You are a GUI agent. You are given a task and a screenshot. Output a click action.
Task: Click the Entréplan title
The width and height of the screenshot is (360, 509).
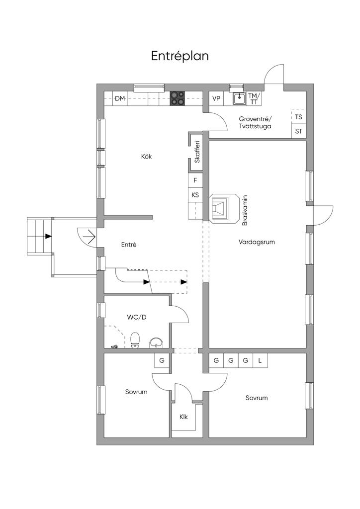[180, 56]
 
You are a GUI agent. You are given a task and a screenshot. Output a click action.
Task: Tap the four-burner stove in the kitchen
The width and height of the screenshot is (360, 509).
[178, 98]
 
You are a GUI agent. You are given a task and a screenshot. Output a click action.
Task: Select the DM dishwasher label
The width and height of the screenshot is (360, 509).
[120, 98]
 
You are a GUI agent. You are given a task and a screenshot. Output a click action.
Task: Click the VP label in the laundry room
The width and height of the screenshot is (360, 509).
[216, 98]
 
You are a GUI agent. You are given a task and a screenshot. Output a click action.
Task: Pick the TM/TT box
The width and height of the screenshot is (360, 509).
[254, 98]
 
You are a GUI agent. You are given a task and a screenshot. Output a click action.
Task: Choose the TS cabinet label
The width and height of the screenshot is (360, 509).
[299, 117]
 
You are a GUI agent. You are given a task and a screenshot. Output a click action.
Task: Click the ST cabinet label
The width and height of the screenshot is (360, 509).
[299, 131]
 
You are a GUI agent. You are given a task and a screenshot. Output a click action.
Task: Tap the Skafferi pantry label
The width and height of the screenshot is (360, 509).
[197, 152]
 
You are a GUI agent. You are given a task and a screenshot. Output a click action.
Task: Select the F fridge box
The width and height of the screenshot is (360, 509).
[195, 179]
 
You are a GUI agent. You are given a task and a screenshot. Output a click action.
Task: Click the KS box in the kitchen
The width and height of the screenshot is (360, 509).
[195, 195]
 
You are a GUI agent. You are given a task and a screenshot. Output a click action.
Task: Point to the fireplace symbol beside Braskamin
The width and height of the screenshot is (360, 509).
[224, 208]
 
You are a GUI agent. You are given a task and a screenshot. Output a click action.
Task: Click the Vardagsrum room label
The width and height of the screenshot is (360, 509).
[257, 242]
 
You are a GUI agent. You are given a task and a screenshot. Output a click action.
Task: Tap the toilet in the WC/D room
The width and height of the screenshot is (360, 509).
[135, 340]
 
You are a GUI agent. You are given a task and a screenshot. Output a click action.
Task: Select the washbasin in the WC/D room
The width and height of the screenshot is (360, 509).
[157, 343]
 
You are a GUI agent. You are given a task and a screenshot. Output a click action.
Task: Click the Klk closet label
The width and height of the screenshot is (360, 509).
[183, 417]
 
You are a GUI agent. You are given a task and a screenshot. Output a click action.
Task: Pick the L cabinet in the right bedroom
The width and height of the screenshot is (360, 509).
[260, 360]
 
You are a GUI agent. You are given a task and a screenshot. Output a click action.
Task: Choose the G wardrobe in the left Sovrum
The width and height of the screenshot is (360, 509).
[162, 360]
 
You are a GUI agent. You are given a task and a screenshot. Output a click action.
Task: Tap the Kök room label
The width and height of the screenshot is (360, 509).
[146, 157]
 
